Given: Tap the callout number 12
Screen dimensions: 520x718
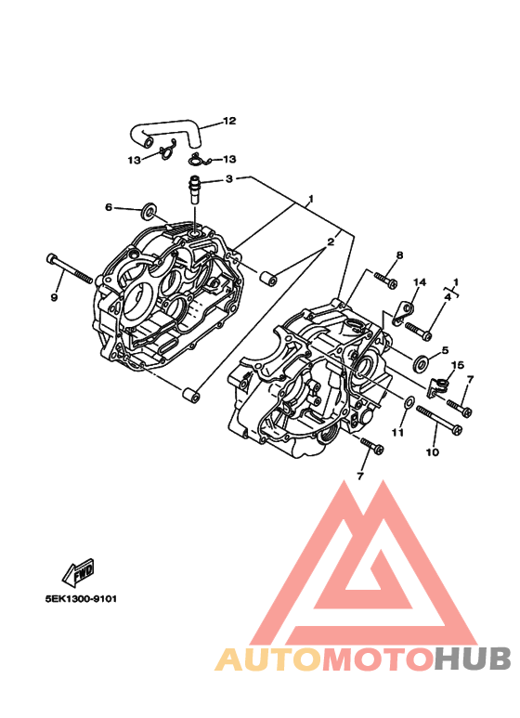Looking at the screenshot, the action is coord(229,121).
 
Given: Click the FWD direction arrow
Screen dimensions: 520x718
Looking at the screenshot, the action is coord(78,572).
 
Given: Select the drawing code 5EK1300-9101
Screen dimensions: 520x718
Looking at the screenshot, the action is coord(81,598).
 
